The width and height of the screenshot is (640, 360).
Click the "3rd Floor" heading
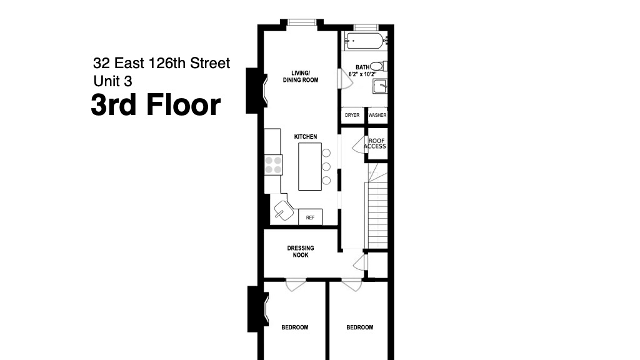coord(156,105)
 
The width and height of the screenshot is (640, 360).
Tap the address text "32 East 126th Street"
coord(162,63)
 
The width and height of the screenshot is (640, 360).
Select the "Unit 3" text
coord(113,81)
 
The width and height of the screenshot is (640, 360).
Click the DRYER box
coord(352,115)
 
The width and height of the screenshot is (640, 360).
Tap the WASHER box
coord(377,115)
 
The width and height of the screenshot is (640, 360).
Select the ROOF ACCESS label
coord(375,144)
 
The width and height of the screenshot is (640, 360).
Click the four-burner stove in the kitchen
coord(273,165)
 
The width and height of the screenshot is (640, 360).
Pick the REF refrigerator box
coord(310,217)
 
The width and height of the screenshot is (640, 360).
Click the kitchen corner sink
coord(284,210)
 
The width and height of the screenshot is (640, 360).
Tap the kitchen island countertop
coord(310,167)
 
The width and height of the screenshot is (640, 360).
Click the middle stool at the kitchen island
coord(326,167)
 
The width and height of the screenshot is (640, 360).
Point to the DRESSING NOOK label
coord(301,252)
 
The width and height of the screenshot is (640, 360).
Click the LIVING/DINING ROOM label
coord(301,77)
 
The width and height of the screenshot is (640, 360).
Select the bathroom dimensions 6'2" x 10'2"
coord(362,74)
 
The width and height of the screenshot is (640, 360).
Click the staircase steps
coord(378,215)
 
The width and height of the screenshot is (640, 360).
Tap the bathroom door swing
coord(345,79)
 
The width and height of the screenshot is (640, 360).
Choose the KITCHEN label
coord(306,137)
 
